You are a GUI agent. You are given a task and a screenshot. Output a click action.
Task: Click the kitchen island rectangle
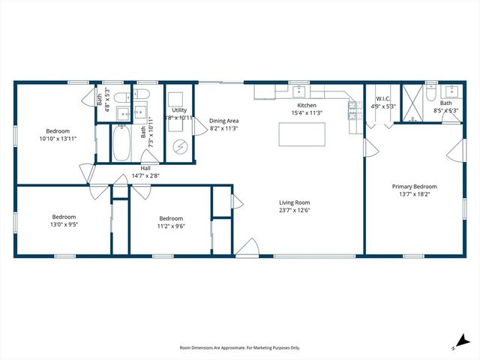click(302, 134)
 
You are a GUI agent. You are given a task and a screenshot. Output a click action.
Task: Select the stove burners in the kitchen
click(352, 110)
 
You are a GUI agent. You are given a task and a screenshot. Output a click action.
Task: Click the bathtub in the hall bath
click(122, 143)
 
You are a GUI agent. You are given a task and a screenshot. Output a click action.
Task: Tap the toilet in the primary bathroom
click(430, 94)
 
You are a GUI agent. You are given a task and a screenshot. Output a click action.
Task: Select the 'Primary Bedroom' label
click(414, 187)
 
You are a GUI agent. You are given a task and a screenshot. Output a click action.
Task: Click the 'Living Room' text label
click(295, 202)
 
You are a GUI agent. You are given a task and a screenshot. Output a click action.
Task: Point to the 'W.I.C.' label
click(382, 98)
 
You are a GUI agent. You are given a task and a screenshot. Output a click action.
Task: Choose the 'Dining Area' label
click(223, 120)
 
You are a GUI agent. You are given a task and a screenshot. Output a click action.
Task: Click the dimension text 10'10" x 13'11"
click(58, 138)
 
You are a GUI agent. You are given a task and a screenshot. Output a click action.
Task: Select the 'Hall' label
click(145, 168)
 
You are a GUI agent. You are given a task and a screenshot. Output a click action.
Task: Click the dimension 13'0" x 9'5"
click(64, 223)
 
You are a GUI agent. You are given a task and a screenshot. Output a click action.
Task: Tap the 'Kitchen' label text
click(307, 106)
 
